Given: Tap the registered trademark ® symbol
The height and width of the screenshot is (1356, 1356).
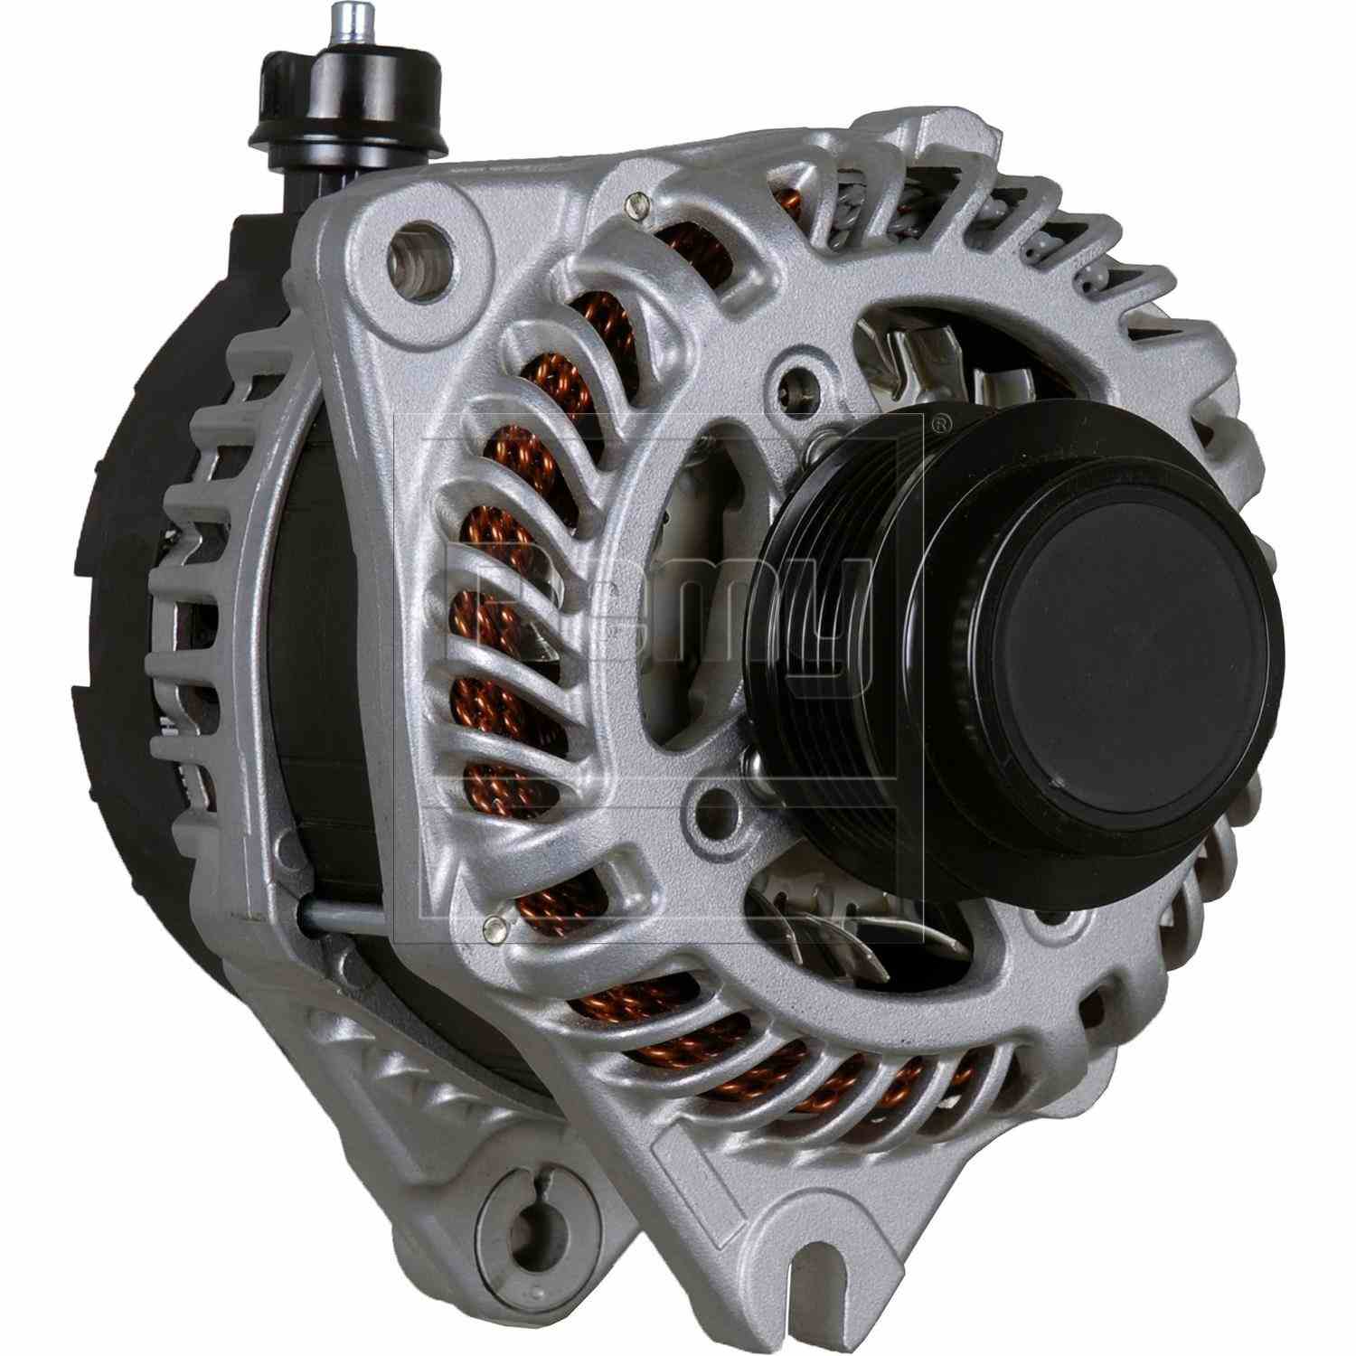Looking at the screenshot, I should (941, 421).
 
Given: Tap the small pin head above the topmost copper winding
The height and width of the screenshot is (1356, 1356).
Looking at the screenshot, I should (639, 205).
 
